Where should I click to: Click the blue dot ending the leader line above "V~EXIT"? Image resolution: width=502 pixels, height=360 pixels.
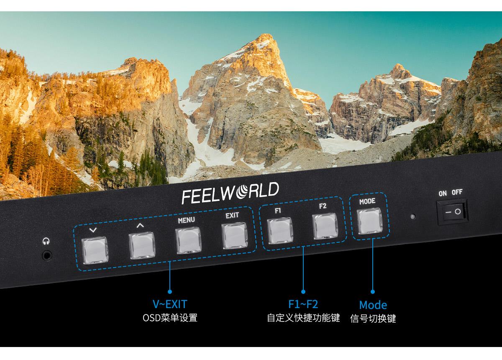170,292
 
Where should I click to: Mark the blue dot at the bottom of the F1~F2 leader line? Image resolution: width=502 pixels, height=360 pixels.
303,292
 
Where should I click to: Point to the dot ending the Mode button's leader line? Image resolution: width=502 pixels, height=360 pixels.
373,292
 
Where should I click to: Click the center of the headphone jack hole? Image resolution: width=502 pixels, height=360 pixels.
47,255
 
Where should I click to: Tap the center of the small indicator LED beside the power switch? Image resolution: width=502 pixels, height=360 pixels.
412,217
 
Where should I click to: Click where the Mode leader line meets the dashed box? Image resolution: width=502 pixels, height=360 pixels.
373,239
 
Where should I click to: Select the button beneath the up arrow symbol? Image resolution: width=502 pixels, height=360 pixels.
142,245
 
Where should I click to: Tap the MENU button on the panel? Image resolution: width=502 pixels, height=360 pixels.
189,240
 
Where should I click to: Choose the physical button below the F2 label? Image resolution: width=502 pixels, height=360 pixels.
325,226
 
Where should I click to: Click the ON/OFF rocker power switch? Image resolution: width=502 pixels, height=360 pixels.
453,211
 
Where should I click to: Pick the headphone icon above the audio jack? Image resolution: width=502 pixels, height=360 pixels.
46,242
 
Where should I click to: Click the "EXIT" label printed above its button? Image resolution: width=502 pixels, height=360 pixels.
232,216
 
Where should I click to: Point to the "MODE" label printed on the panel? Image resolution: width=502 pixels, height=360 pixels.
367,201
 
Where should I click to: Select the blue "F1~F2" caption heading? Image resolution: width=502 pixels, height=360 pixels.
303,304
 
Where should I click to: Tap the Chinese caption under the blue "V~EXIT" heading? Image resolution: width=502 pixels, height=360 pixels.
170,318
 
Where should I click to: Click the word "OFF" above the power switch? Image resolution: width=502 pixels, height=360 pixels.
457,192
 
